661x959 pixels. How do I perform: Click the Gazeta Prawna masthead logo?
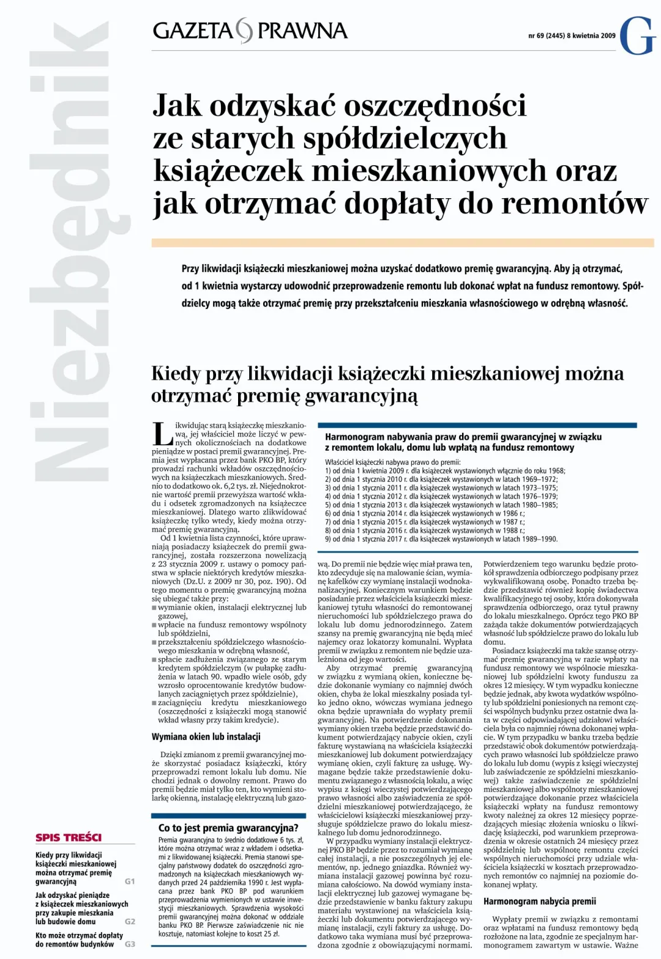pos(250,31)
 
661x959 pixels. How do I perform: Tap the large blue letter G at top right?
pos(637,36)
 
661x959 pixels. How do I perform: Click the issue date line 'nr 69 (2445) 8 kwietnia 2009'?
pos(572,36)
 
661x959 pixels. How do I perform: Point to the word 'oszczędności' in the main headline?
pos(435,105)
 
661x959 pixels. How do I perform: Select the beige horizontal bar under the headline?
pos(402,243)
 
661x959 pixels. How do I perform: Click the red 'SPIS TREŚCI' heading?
pos(69,838)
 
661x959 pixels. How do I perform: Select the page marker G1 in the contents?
pos(129,881)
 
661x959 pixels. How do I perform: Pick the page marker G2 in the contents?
pos(129,921)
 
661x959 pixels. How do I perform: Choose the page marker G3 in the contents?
pos(129,944)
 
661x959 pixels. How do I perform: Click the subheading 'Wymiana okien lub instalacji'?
pos(206,736)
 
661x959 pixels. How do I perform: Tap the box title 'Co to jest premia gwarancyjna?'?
pos(228,828)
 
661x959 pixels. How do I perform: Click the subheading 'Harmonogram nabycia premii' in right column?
pos(539,901)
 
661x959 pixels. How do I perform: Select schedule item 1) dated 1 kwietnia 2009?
pos(445,471)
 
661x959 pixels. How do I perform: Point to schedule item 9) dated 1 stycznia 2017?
pos(441,539)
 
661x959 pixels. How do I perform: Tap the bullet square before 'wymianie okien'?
pos(154,608)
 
